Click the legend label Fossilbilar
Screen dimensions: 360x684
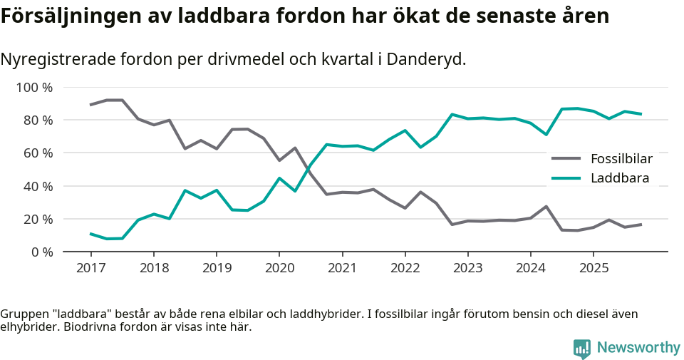(621, 158)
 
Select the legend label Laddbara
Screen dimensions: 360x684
(620, 178)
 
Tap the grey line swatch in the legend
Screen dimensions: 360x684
(567, 158)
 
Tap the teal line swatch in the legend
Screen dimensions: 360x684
(567, 178)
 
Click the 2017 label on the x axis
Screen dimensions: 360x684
(90, 268)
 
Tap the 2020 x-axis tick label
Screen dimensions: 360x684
(279, 268)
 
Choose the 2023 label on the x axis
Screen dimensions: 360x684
(467, 268)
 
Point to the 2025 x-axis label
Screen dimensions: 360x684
(593, 268)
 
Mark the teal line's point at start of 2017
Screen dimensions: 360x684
(90, 233)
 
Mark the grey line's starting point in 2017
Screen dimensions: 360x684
(90, 105)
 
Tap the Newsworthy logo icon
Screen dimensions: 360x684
(582, 348)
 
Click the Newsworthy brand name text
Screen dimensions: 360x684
(638, 348)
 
